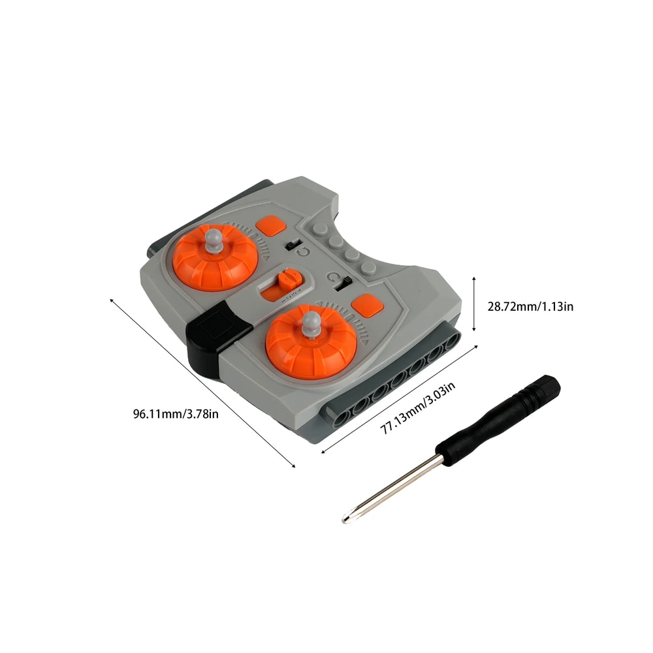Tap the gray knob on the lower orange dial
pyautogui.click(x=311, y=323)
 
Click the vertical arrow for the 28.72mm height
pyautogui.click(x=474, y=304)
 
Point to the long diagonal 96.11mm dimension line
pyautogui.click(x=202, y=382)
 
